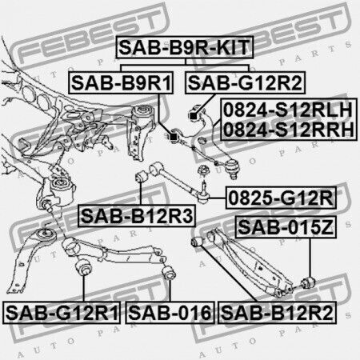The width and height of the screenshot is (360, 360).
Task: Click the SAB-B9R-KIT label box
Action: click(x=185, y=47)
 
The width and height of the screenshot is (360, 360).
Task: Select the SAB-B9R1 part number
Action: click(x=121, y=82)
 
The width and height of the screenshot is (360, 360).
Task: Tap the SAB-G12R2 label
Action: click(x=245, y=82)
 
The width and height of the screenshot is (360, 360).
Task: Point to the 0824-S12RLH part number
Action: click(x=288, y=110)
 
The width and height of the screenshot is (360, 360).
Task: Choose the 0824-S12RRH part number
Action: click(x=289, y=130)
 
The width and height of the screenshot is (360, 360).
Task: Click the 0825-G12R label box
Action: click(x=281, y=198)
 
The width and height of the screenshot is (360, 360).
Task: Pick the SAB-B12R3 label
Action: click(x=137, y=216)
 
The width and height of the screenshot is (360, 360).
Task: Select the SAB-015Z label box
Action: click(x=286, y=227)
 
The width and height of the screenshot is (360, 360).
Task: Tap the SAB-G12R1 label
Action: click(x=62, y=313)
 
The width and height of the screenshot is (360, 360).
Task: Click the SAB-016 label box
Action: click(x=170, y=313)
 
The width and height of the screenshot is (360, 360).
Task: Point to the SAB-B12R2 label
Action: click(x=277, y=313)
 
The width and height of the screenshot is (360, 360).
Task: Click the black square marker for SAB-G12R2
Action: click(x=193, y=116)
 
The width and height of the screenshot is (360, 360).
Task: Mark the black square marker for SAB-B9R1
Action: click(x=174, y=137)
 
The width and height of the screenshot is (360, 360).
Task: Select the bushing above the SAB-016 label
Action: click(x=169, y=272)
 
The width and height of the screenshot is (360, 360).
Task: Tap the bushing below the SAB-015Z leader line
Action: click(x=308, y=283)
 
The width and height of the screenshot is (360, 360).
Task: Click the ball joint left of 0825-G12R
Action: click(x=204, y=194)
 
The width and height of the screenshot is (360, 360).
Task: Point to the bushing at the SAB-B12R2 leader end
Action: click(x=198, y=241)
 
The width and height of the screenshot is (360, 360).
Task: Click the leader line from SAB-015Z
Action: click(x=310, y=258)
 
